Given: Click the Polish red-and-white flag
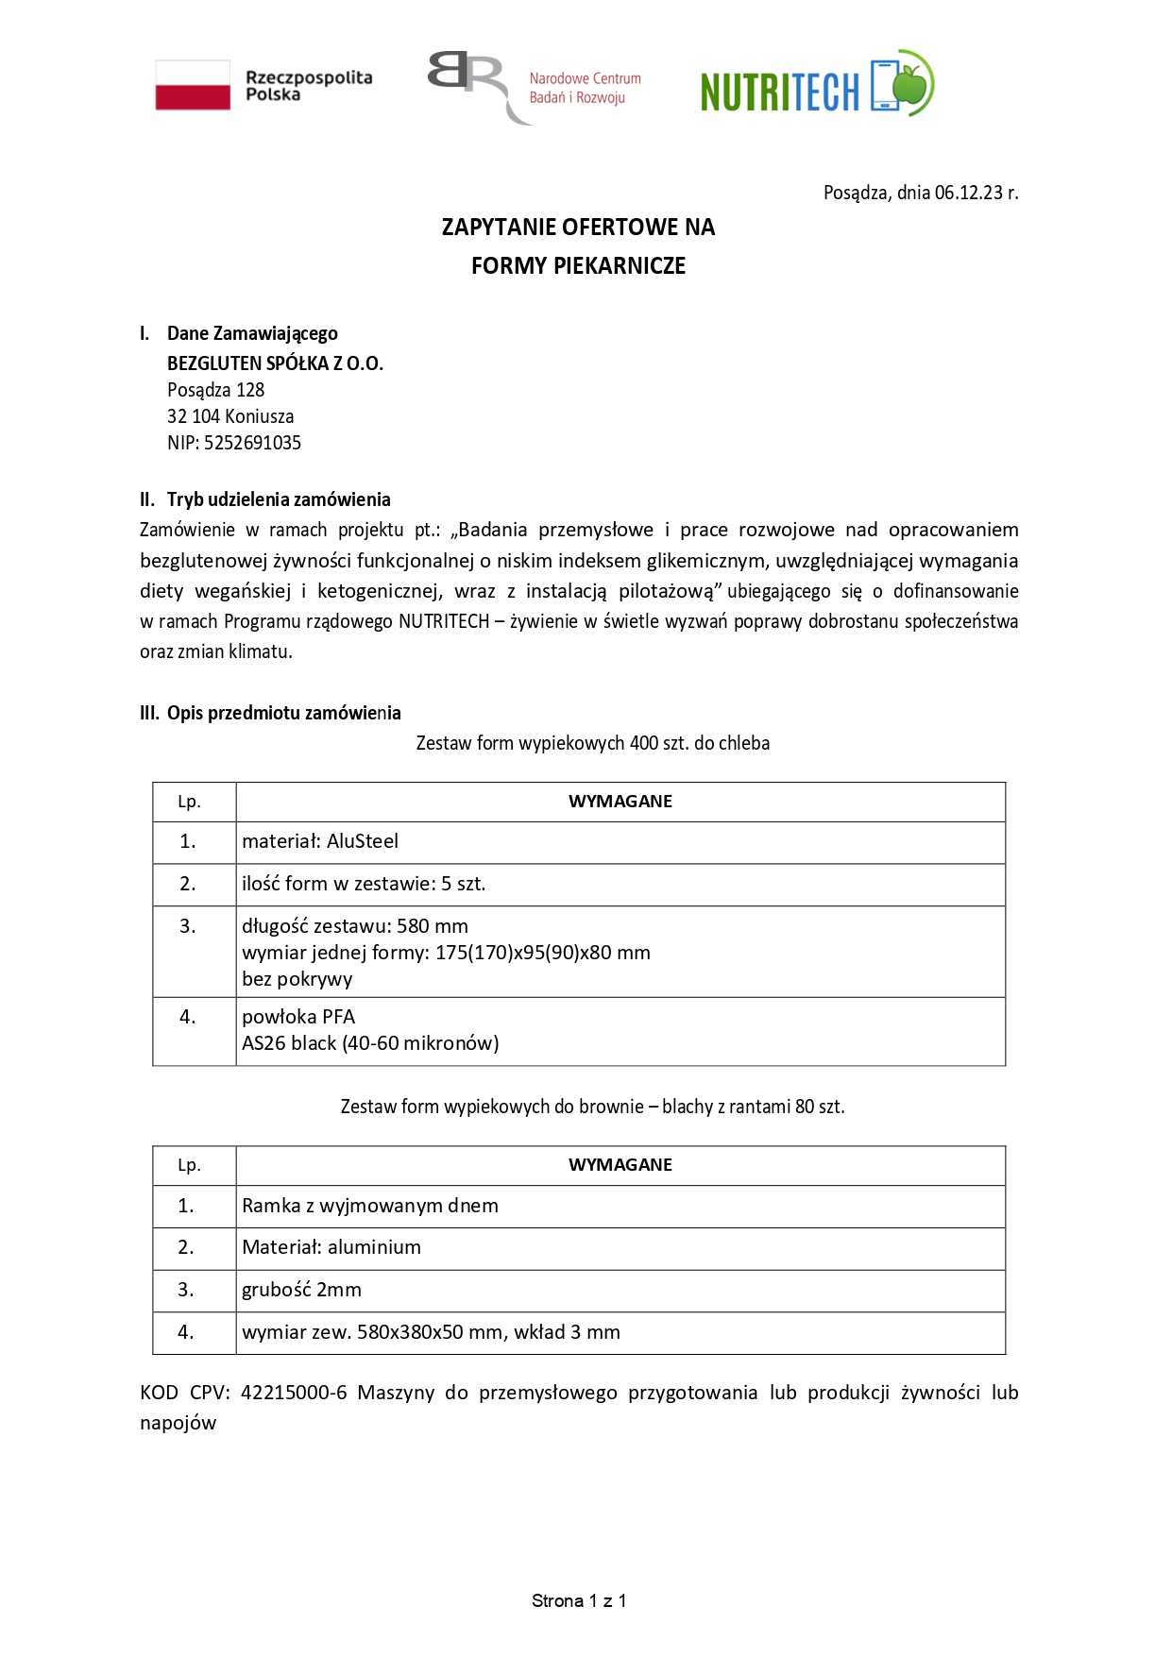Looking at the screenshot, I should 193,85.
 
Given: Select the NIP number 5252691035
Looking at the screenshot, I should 252,443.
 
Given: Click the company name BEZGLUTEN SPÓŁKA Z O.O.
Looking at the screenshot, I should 275,364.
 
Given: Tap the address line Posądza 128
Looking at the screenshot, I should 215,390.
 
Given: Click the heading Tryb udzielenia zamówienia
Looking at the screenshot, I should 279,499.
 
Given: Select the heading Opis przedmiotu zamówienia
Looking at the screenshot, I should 283,713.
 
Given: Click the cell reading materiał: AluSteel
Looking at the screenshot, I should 320,841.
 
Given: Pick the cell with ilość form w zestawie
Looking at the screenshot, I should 364,884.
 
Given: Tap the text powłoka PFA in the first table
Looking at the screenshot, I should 298,1017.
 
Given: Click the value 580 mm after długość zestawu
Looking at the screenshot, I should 433,926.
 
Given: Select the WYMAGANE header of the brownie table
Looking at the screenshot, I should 620,1165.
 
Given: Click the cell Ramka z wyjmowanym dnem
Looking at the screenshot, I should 370,1206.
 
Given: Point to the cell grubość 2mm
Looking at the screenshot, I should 301,1290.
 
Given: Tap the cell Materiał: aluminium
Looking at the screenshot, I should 331,1247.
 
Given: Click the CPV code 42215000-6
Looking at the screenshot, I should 294,1393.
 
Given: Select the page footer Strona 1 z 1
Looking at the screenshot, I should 579,1600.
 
